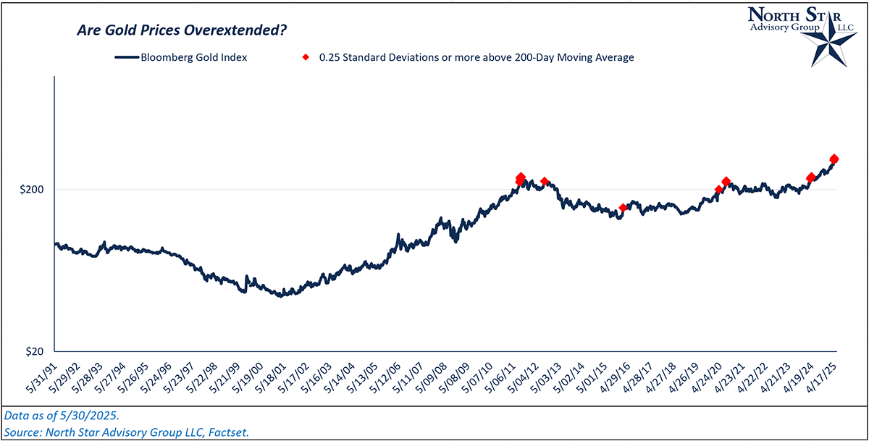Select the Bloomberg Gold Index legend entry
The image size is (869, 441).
181,57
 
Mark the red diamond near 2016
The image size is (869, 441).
623,208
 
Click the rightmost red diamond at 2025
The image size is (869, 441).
834,159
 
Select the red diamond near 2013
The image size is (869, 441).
545,181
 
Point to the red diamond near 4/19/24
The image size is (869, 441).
810,177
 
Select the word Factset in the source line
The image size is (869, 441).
227,432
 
